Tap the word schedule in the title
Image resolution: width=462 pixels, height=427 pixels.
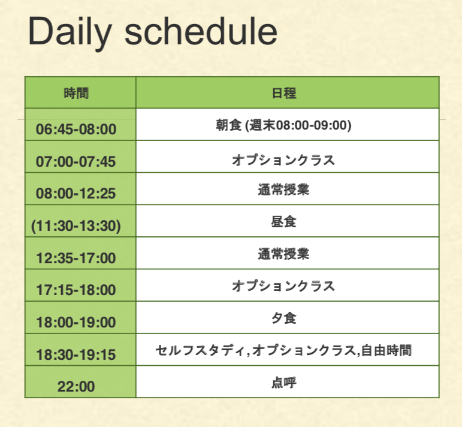201,31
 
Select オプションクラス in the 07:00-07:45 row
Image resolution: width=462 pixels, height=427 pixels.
283,160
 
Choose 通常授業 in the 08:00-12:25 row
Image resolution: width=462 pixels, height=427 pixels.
283,190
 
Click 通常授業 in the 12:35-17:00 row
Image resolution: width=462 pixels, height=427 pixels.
283,254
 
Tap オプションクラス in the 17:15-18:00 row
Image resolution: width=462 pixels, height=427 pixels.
283,286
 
